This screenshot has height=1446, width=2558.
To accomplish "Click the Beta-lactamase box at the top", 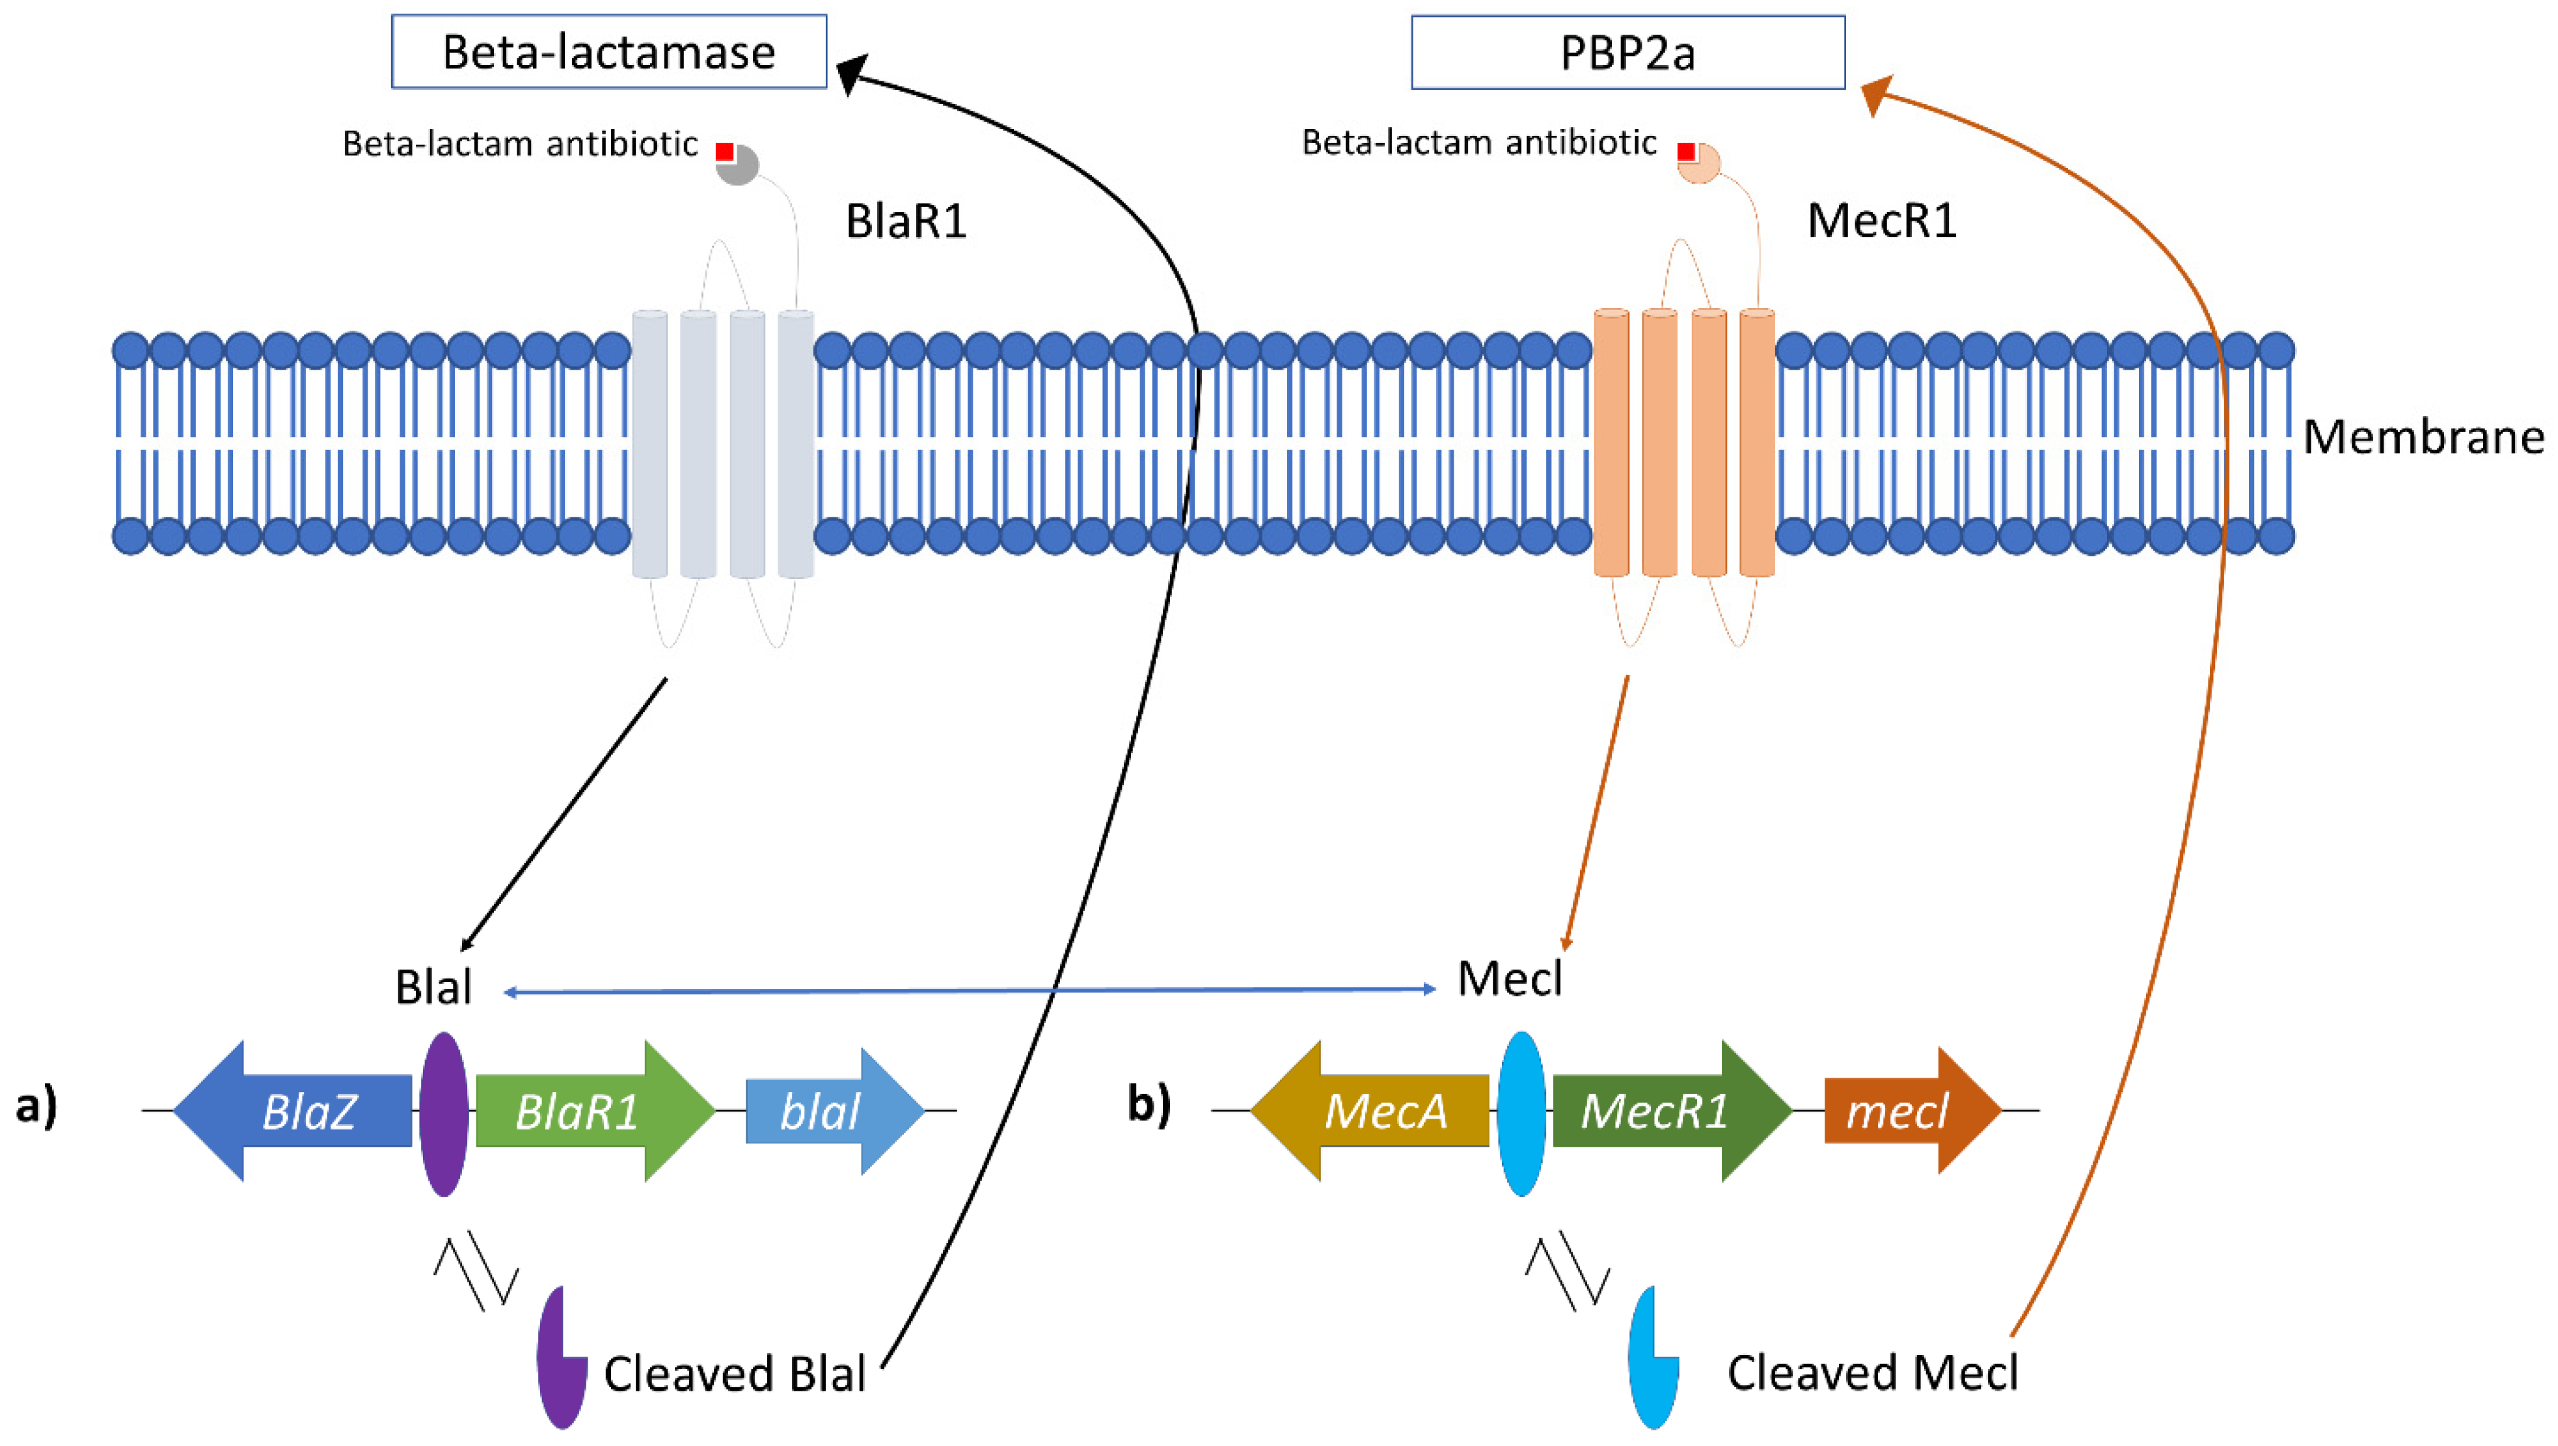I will coord(608,51).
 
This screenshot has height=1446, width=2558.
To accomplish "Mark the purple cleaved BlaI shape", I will coord(559,1361).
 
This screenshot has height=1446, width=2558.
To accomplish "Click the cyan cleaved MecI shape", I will coord(1652,1361).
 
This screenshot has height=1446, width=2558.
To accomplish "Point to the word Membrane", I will coord(2423,437).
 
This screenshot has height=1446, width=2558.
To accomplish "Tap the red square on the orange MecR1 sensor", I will coord(1686,152).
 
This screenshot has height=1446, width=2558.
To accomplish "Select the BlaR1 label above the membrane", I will coord(906,221).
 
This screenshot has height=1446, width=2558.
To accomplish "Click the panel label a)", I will coord(36,1106).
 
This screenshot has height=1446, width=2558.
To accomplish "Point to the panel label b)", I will coord(1149,1103).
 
